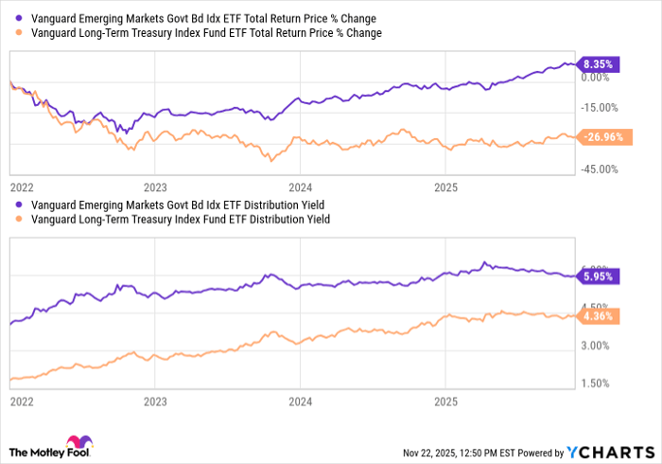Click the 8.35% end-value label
coord(598,64)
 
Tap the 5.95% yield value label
coord(598,277)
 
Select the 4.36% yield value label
coord(598,316)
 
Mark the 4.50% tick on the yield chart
coord(600,307)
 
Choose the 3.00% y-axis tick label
coord(600,346)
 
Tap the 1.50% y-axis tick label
coord(600,384)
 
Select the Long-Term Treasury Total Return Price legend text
coord(206,33)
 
